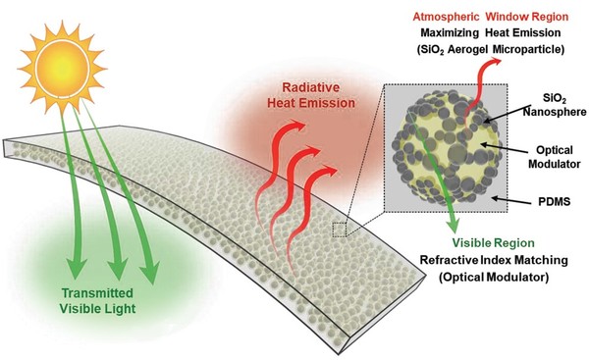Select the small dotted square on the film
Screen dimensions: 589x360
click(341, 230)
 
